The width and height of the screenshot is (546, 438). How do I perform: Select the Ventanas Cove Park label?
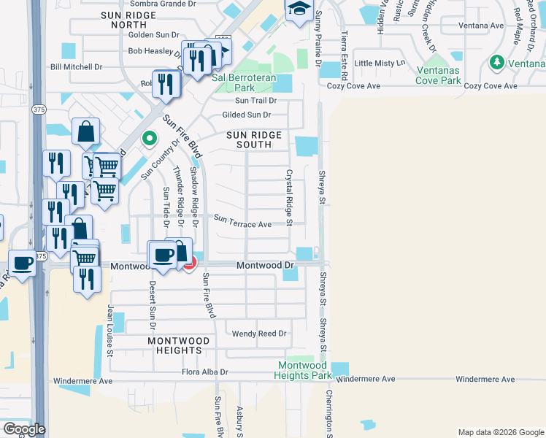(x=438, y=75)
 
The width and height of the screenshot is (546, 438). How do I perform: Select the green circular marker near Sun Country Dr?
(x=150, y=137)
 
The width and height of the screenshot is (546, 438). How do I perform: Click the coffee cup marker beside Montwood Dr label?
(x=163, y=255)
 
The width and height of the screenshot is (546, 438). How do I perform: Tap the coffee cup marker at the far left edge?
(x=22, y=263)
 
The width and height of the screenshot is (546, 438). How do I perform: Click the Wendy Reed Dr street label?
(x=259, y=334)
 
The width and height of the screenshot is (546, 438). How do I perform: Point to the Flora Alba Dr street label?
(x=205, y=372)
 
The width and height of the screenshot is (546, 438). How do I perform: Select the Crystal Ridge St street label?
(x=289, y=197)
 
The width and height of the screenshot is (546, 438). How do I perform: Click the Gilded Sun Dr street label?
(x=246, y=115)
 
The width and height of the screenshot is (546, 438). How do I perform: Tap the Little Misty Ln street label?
(x=379, y=64)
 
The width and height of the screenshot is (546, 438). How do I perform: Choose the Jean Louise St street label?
(x=111, y=331)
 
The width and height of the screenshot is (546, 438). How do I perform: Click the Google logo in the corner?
(x=24, y=429)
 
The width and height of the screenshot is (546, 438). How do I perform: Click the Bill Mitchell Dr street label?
(x=76, y=66)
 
